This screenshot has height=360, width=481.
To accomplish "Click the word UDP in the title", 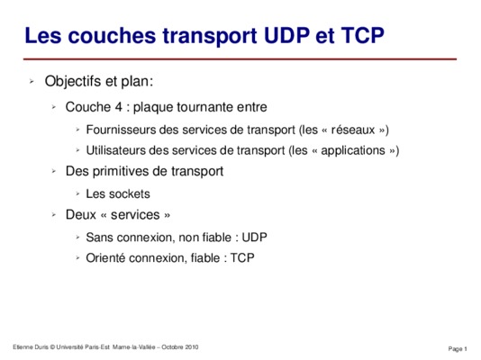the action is point(286,35).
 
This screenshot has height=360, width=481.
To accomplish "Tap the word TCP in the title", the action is point(363,35).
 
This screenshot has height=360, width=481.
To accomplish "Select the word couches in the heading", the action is point(112,35).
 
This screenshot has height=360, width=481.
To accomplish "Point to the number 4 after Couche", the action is point(119,107).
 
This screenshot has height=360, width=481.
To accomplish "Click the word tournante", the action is point(204,107).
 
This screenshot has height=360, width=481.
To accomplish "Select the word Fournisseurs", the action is point(121,130).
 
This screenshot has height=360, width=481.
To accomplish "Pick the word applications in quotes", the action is point(353,150).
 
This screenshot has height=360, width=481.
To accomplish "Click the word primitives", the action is point(121,171).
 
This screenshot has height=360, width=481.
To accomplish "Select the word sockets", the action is point(130,193).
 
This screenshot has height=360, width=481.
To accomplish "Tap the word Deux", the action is point(81,215).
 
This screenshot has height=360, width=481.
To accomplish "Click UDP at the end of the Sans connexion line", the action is point(255,238).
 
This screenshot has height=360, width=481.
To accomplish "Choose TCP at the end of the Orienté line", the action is point(242,258).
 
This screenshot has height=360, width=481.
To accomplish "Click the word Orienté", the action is point(105,258).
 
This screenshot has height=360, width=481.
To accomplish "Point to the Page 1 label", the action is point(458,348).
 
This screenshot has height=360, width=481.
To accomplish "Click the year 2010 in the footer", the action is point(191,347).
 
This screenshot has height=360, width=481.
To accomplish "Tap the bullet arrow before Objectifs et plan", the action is point(32,82).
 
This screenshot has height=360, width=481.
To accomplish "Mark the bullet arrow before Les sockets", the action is point(78,193).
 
